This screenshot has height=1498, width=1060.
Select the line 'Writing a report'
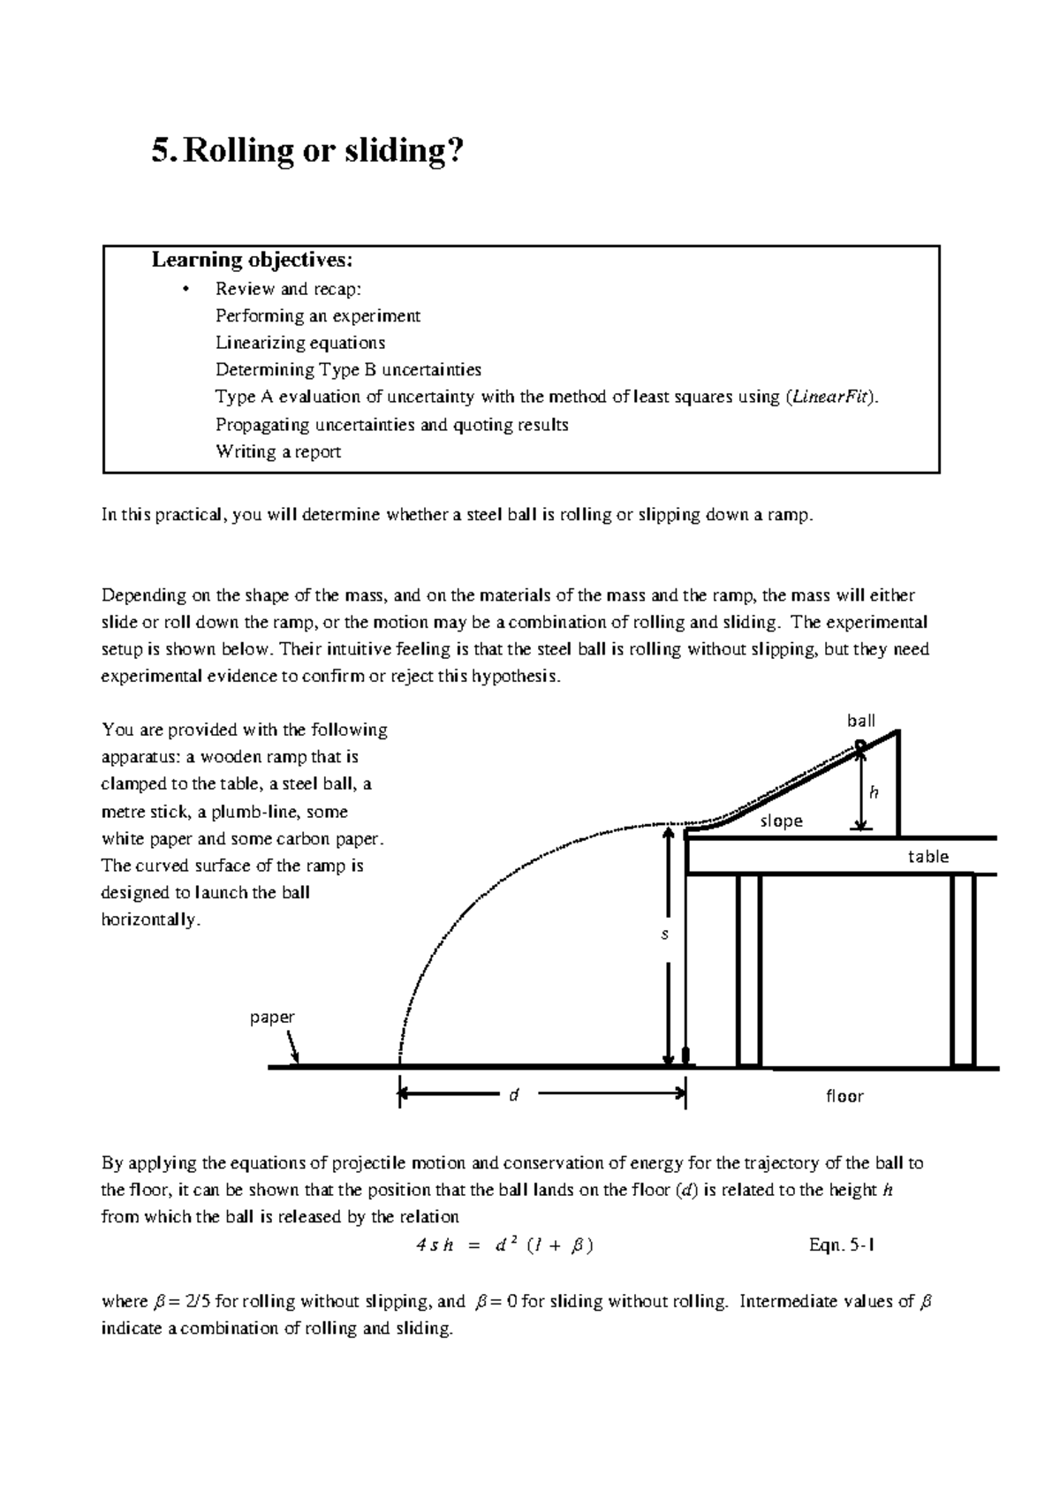pos(278,451)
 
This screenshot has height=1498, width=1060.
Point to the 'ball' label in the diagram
pos(860,721)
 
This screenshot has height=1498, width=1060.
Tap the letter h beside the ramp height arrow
pos(874,792)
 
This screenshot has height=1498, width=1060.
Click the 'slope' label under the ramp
pos(781,821)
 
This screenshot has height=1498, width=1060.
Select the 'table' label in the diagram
pos(927,856)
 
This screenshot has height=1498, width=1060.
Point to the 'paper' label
pos(271,1017)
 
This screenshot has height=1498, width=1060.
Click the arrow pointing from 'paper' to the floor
pos(293,1049)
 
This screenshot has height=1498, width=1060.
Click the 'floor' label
pos(844,1096)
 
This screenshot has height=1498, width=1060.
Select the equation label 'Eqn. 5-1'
pos(842,1245)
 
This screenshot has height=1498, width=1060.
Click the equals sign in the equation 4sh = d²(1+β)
pos(473,1246)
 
